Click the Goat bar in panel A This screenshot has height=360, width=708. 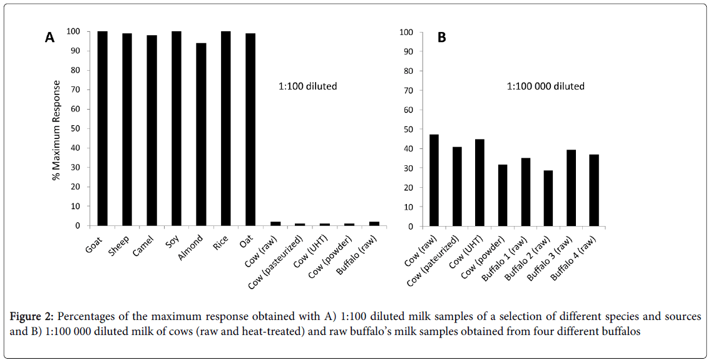[x=102, y=128]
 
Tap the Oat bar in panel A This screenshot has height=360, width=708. [x=250, y=129]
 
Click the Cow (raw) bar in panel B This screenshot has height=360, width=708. [x=434, y=180]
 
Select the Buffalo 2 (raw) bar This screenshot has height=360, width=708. [x=548, y=198]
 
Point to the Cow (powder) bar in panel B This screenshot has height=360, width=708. [x=503, y=195]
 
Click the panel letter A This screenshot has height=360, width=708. [x=50, y=38]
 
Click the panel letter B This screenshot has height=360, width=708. [x=442, y=38]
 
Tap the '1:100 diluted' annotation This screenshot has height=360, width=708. [x=307, y=86]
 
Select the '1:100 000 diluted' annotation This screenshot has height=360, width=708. [x=545, y=86]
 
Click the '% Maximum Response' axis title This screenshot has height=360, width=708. [x=57, y=130]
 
